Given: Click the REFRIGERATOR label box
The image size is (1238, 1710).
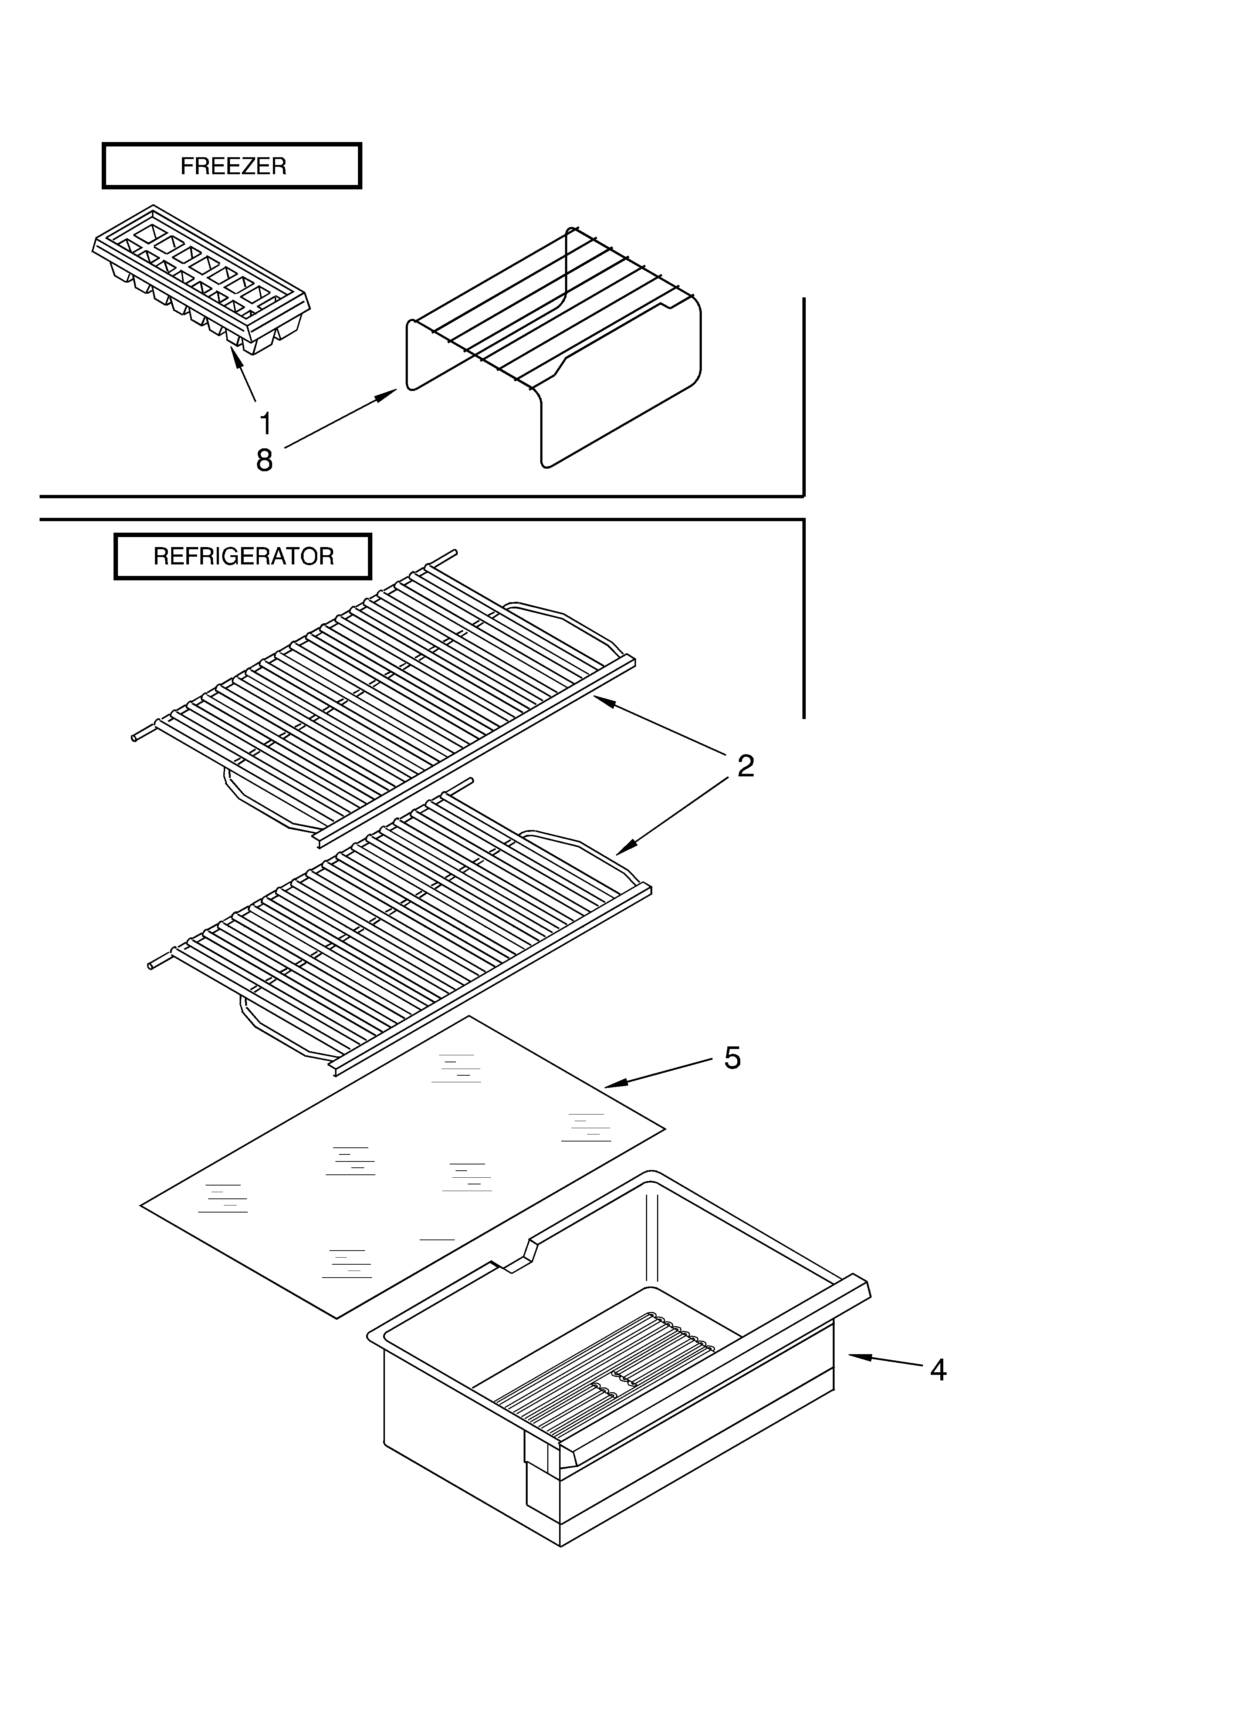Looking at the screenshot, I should pos(243,556).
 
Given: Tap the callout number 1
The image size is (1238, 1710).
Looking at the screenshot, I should pos(265,424).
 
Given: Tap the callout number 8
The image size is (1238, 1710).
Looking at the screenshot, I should pos(264,460).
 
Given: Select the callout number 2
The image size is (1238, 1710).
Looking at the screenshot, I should pos(745,766).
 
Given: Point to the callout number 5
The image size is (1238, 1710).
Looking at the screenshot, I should pos(732,1058).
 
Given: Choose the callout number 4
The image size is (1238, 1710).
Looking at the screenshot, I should pos(937,1369).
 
